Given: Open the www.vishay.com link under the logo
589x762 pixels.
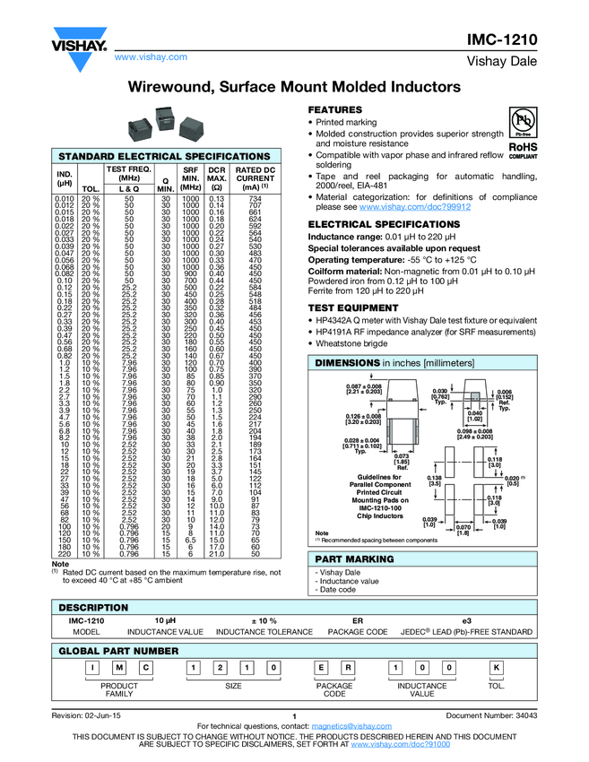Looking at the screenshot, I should (x=150, y=56).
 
